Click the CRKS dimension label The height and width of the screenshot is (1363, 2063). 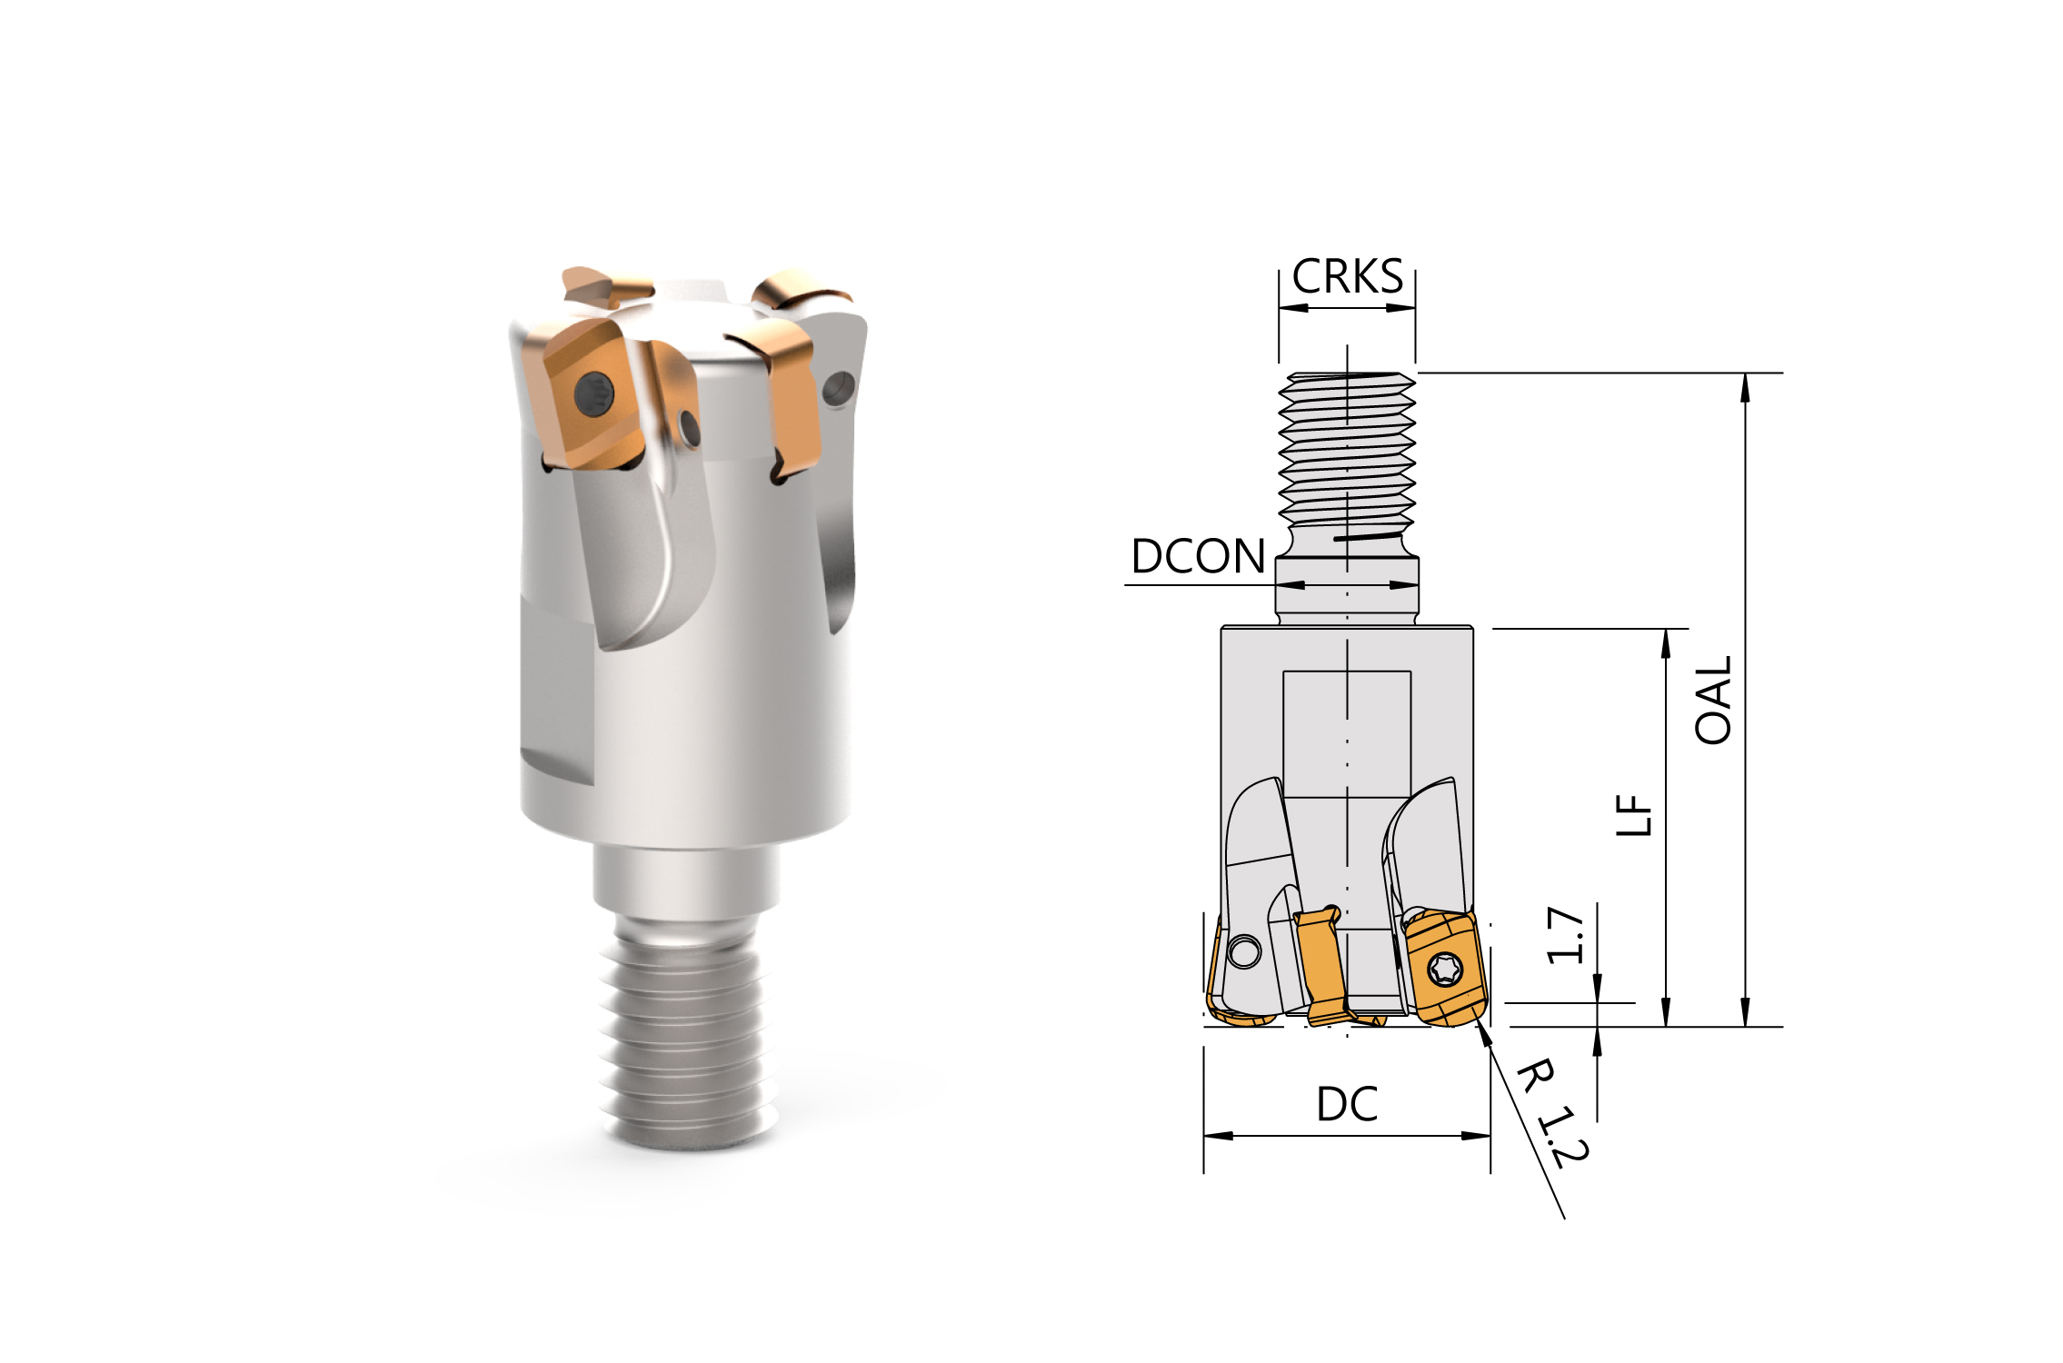1347,276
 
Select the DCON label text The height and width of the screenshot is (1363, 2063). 1198,556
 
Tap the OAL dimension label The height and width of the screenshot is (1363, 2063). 1714,700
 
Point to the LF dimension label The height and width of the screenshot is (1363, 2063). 1633,815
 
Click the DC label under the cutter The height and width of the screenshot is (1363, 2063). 1347,1104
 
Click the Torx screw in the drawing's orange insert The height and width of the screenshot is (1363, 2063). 1443,969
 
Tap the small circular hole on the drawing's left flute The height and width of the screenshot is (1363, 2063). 1243,952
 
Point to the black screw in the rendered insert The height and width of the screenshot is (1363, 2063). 594,395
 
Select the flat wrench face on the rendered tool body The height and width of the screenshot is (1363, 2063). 557,691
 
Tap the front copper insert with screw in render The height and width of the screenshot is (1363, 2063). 586,395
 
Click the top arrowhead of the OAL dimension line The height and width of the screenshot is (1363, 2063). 1745,387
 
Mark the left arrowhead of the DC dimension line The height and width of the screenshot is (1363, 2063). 1218,1136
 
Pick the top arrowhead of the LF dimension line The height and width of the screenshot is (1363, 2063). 1666,642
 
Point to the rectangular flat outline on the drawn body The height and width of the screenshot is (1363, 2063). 1347,734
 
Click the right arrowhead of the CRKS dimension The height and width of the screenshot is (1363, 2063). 1402,308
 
